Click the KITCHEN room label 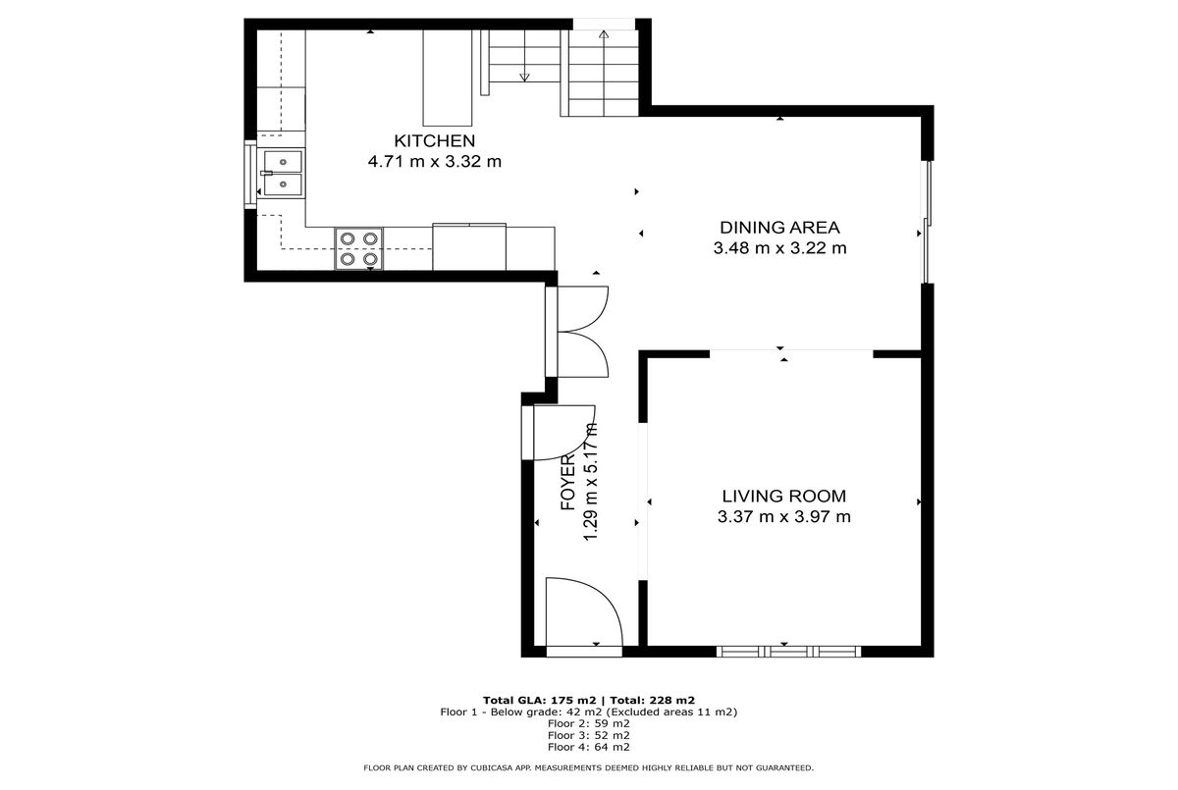pyautogui.click(x=434, y=141)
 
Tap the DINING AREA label pyautogui.click(x=779, y=228)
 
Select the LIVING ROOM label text pyautogui.click(x=784, y=497)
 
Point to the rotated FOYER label pyautogui.click(x=568, y=483)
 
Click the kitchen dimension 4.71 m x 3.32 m pyautogui.click(x=434, y=161)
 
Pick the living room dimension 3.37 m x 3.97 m pyautogui.click(x=784, y=516)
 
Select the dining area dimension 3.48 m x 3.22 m pyautogui.click(x=779, y=248)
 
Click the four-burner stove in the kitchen pyautogui.click(x=358, y=248)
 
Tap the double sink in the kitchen pyautogui.click(x=284, y=173)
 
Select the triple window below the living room pyautogui.click(x=789, y=652)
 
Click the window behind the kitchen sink pyautogui.click(x=250, y=175)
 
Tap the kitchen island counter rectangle pyautogui.click(x=448, y=78)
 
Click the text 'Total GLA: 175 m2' pyautogui.click(x=540, y=700)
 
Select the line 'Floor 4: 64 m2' pyautogui.click(x=588, y=747)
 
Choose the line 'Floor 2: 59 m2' pyautogui.click(x=588, y=724)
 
